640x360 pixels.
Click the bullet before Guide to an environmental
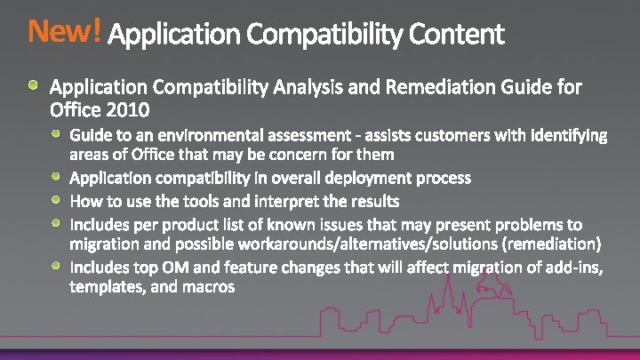point(56,134)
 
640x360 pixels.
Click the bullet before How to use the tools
point(56,199)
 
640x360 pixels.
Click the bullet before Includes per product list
point(56,221)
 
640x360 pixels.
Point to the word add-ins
point(574,266)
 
